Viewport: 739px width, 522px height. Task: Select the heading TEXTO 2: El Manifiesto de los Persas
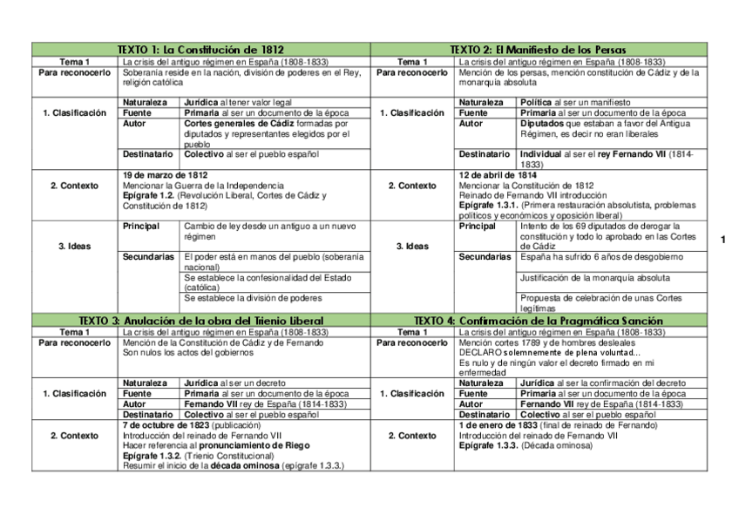pyautogui.click(x=539, y=51)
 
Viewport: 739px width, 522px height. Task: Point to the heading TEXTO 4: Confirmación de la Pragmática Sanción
pyautogui.click(x=539, y=321)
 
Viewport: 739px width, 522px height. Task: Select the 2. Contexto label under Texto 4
pyautogui.click(x=412, y=436)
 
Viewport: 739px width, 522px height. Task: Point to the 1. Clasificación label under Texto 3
pyautogui.click(x=74, y=394)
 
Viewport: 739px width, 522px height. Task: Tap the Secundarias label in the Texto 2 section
pyautogui.click(x=485, y=257)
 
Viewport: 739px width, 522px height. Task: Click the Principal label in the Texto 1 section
pyautogui.click(x=141, y=227)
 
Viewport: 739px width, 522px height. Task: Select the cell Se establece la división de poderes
pyautogui.click(x=252, y=298)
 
